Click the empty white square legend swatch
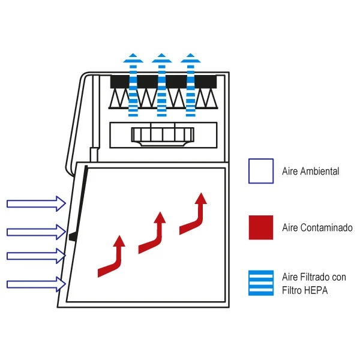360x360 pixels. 261,171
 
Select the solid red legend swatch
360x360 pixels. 261,227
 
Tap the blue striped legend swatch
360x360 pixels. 261,283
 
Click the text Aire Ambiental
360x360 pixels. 311,172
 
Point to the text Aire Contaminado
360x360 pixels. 317,228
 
